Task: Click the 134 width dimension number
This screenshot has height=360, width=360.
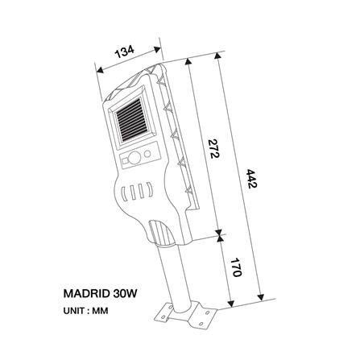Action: (125, 53)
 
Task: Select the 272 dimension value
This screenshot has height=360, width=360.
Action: (213, 150)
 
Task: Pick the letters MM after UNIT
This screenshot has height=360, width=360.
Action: (101, 310)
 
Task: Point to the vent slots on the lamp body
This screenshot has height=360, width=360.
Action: (136, 192)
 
